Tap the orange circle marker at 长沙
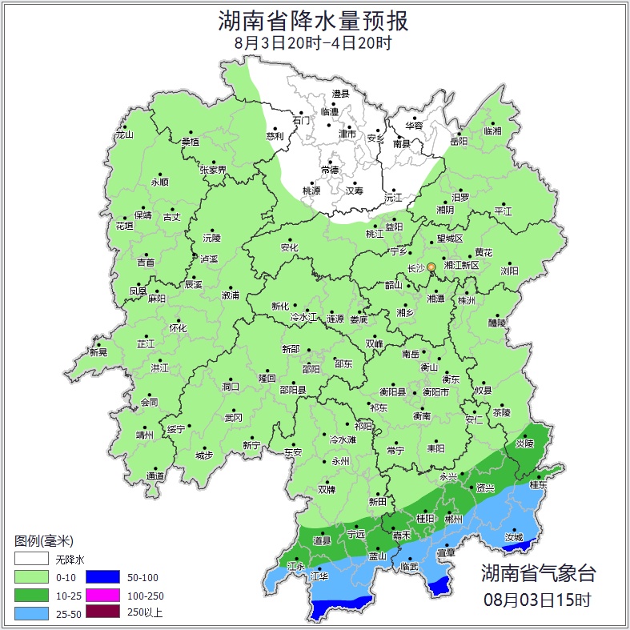pos(431,267)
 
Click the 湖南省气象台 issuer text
pos(538,572)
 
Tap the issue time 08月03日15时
pos(538,599)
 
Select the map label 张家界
pos(213,170)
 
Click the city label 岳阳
pos(458,142)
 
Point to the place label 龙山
pos(124,134)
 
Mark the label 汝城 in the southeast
pos(514,538)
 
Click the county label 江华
pos(319,576)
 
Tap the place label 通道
pos(155,476)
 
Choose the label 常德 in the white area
pos(329,170)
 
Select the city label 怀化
pos(177,328)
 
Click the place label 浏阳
pos(509,271)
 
